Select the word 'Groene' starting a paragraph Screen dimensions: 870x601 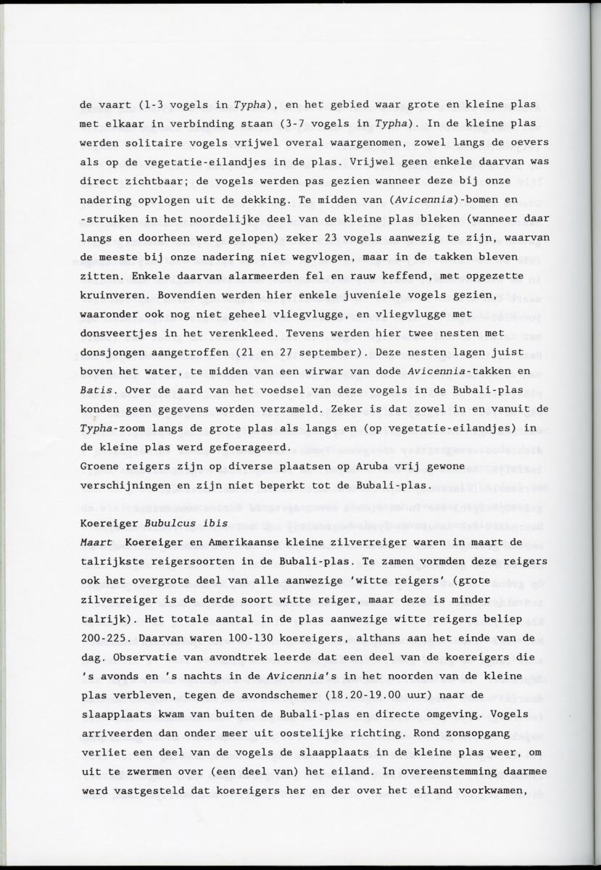(97, 465)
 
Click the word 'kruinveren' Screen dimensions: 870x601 (109, 294)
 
